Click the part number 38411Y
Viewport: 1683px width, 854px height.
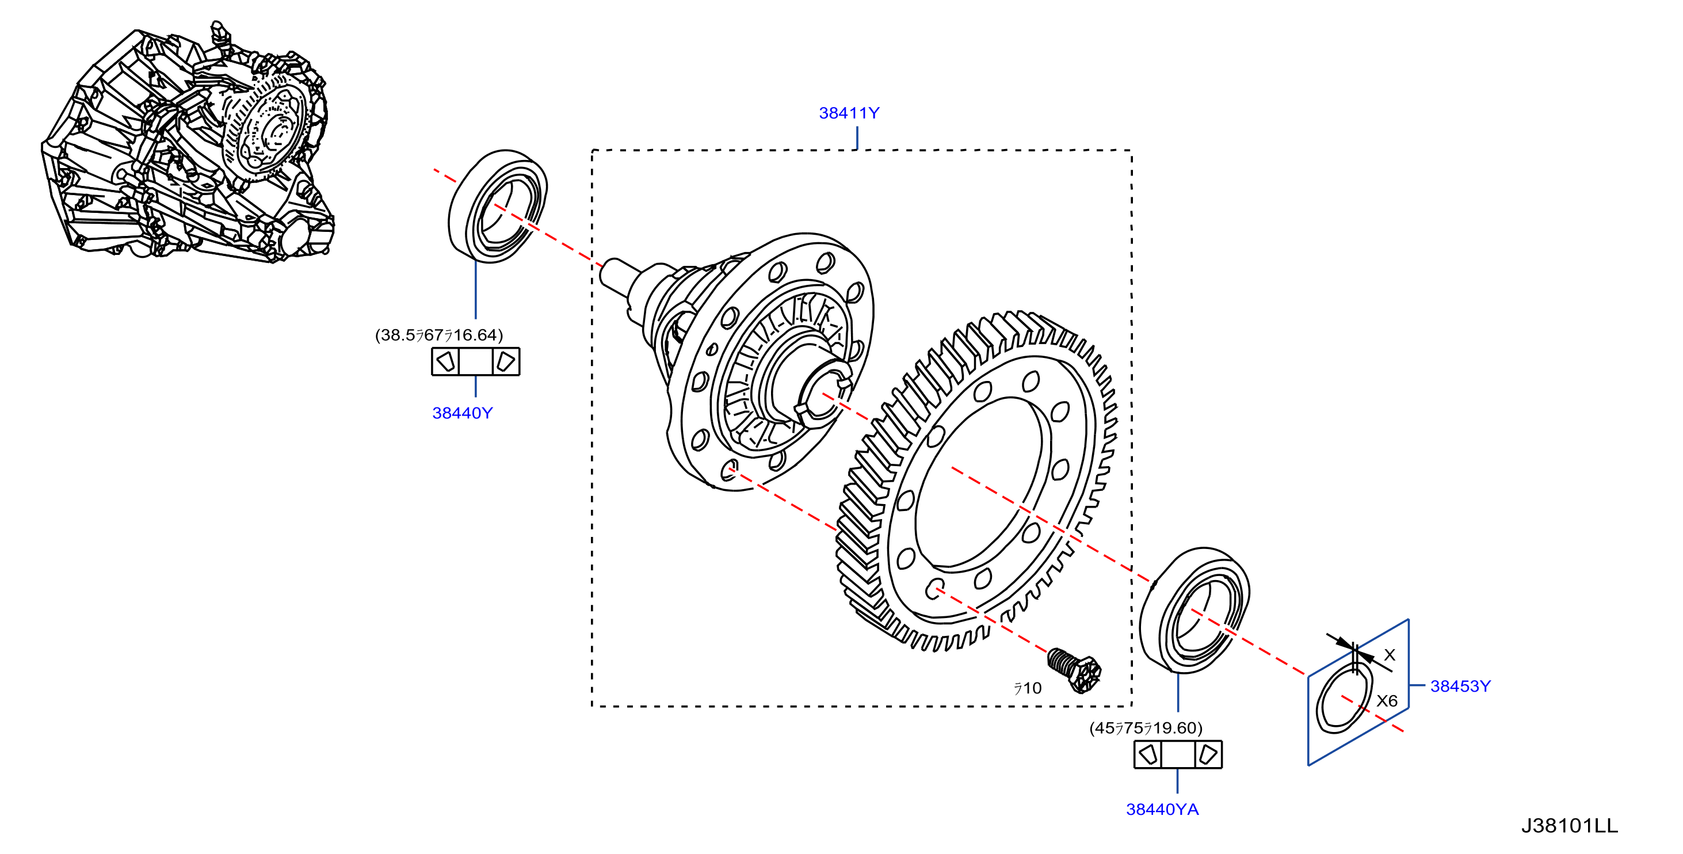pyautogui.click(x=849, y=113)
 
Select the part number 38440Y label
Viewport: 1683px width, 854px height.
pyautogui.click(x=463, y=413)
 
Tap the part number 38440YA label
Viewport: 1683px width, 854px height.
pyautogui.click(x=1162, y=810)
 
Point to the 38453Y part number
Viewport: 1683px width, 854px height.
pyautogui.click(x=1460, y=686)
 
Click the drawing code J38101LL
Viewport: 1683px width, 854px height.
pyautogui.click(x=1569, y=826)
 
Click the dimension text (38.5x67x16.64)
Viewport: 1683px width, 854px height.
pyautogui.click(x=439, y=335)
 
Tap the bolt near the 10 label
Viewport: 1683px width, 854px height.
pyautogui.click(x=1074, y=670)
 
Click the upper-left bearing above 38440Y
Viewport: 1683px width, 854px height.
pyautogui.click(x=498, y=207)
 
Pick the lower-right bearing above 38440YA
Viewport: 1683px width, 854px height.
pyautogui.click(x=1195, y=610)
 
